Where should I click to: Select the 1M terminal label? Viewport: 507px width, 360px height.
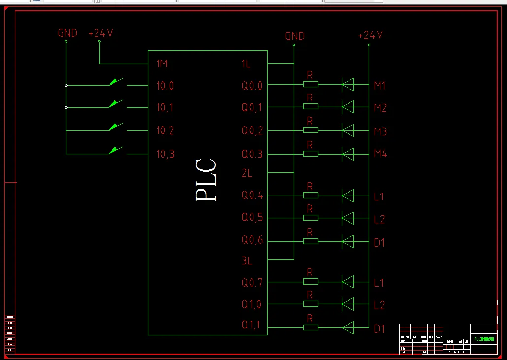[162, 64]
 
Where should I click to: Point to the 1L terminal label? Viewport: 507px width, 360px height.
[246, 64]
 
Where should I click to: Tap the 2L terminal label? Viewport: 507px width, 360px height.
[247, 173]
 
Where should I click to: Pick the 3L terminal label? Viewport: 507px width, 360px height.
[247, 261]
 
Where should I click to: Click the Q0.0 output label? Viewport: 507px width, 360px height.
[252, 86]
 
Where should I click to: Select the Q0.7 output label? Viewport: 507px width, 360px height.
[252, 283]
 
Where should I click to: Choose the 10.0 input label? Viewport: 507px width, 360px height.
[165, 86]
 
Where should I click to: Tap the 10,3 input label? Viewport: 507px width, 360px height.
[165, 154]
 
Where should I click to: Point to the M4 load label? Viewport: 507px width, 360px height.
[380, 154]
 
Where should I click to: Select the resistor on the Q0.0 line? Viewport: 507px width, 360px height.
[311, 85]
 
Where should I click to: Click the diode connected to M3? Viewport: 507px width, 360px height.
[348, 131]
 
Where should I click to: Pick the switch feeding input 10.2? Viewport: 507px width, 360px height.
[116, 127]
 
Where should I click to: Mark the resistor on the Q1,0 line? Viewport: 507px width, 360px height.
[311, 303]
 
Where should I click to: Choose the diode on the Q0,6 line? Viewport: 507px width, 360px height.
[348, 241]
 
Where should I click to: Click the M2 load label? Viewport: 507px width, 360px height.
[380, 108]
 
